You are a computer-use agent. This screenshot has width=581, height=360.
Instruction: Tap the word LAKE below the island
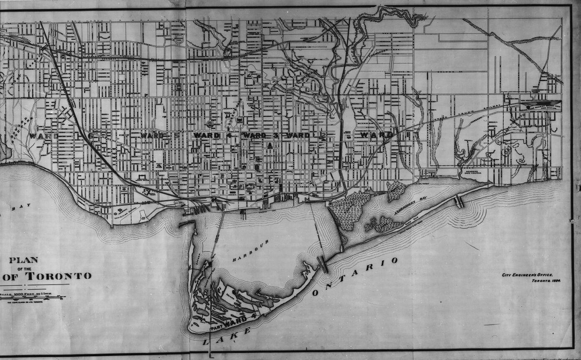[x=226, y=336]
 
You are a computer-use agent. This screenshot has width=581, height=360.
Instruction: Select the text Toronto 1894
[x=545, y=281]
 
